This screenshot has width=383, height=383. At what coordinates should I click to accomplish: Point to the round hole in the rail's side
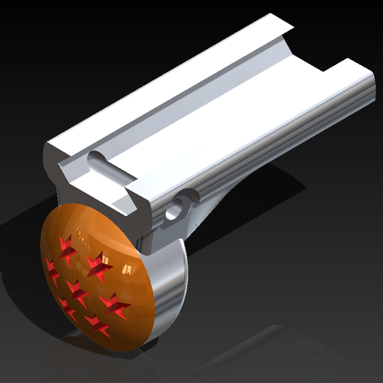(x=174, y=212)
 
